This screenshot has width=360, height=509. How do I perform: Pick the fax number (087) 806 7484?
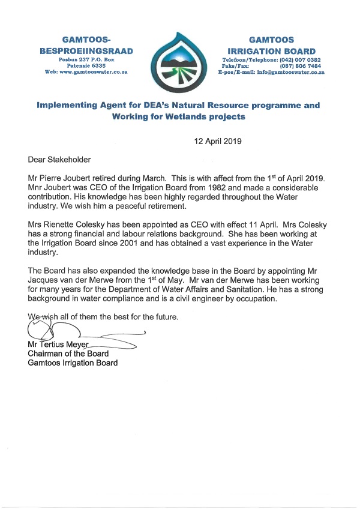point(302,66)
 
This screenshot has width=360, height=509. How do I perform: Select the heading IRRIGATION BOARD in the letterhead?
point(277,51)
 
